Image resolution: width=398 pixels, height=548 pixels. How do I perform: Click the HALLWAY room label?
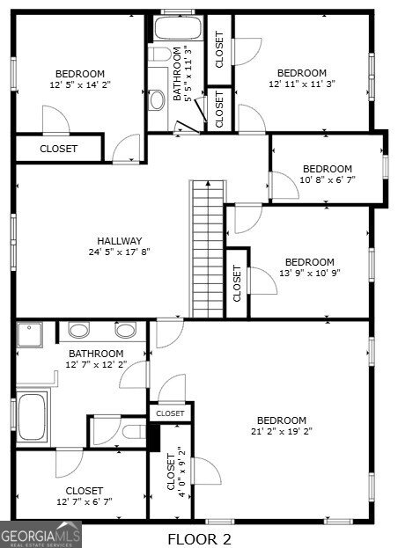click(x=119, y=241)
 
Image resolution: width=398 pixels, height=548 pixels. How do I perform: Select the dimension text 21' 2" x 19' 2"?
click(x=282, y=432)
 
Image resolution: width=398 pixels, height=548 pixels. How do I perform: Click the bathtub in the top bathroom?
click(x=180, y=29)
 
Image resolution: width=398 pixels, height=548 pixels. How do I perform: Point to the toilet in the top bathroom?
click(x=159, y=55)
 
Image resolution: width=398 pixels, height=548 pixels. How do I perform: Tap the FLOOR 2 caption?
click(x=199, y=537)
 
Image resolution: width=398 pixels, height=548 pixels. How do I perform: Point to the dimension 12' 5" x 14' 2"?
click(x=80, y=85)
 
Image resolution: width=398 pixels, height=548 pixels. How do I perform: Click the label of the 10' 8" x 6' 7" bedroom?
click(x=327, y=169)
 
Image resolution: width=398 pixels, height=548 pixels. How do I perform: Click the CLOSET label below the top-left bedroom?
click(x=58, y=149)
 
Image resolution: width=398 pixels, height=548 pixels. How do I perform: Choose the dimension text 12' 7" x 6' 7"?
click(x=84, y=502)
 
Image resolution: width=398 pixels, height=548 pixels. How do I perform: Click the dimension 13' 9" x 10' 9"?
click(x=309, y=273)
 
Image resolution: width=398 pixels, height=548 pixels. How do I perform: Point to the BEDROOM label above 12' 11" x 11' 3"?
click(x=302, y=73)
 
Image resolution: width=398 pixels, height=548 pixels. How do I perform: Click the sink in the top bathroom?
click(x=158, y=99)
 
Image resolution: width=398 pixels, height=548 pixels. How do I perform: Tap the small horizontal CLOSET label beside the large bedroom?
click(x=170, y=413)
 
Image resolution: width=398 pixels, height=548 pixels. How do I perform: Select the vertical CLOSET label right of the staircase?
click(x=237, y=282)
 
